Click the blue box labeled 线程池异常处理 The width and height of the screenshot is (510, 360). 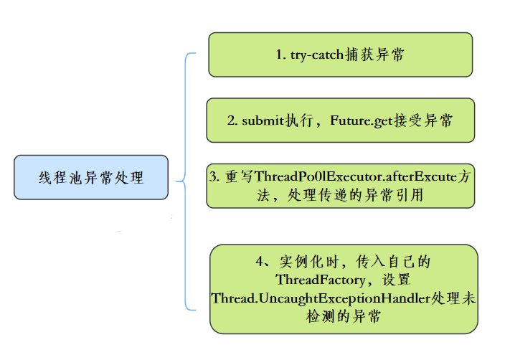pos(91,177)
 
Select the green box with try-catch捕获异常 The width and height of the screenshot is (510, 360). pos(340,55)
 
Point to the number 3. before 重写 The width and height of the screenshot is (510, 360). pos(214,176)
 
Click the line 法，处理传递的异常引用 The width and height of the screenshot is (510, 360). pos(340,195)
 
